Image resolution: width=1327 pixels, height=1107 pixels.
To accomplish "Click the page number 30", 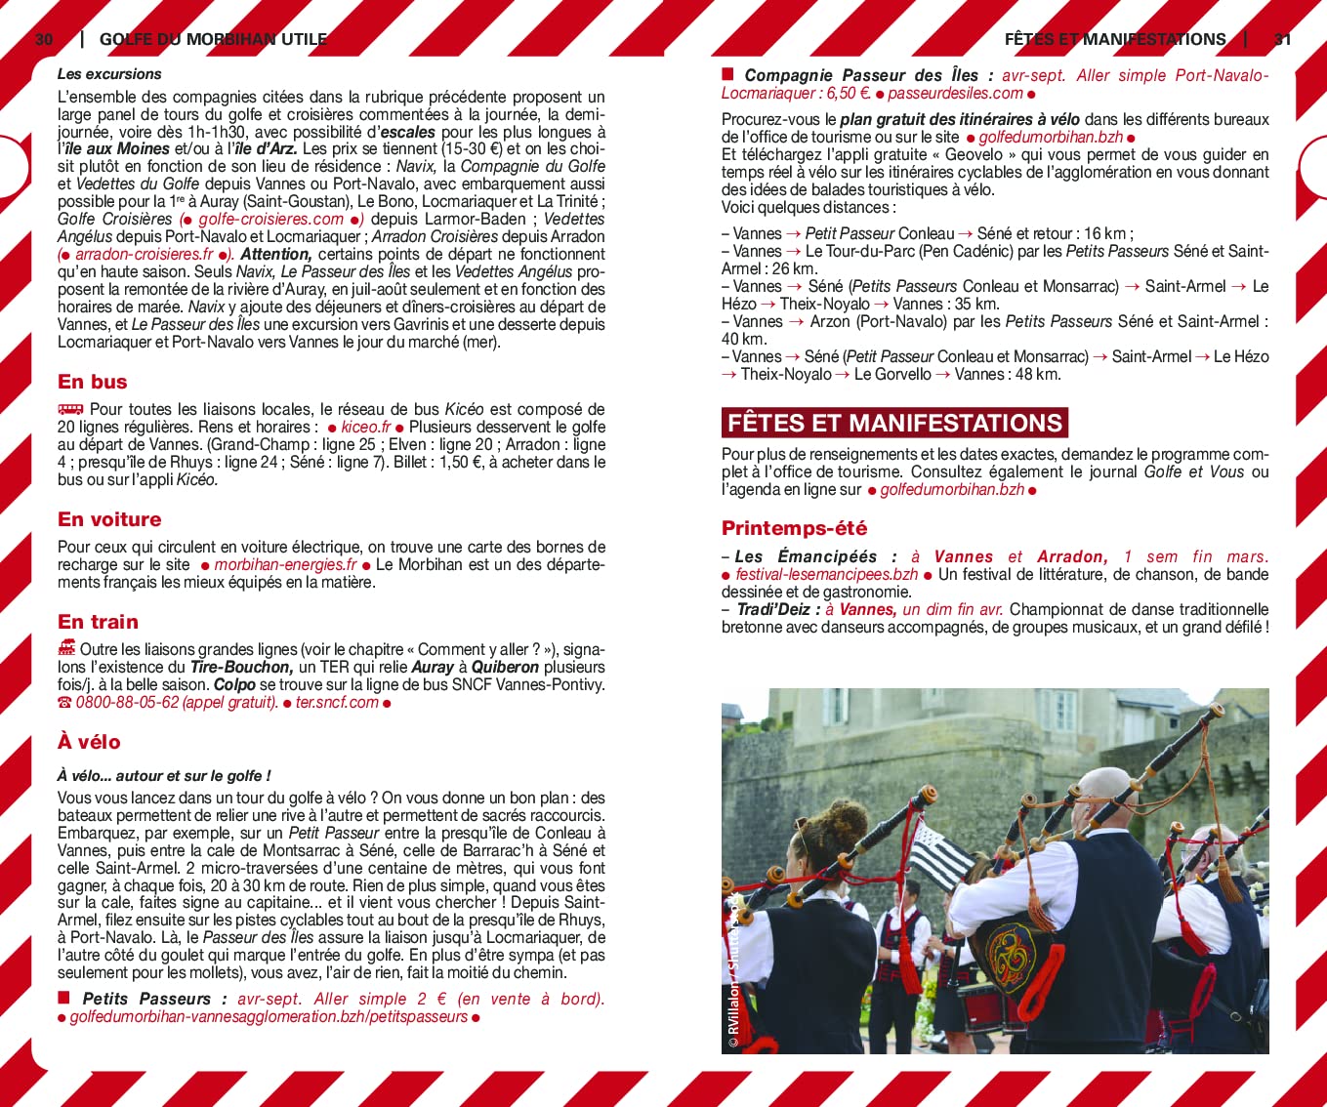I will [x=44, y=39].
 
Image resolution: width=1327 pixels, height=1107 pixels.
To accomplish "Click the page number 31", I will [x=1283, y=39].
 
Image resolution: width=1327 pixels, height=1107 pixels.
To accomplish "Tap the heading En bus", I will [x=93, y=382].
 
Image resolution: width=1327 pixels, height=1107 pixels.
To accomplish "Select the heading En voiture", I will [x=109, y=519].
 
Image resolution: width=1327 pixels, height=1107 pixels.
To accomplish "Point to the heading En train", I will [x=98, y=622].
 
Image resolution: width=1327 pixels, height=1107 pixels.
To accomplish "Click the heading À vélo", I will [x=89, y=742].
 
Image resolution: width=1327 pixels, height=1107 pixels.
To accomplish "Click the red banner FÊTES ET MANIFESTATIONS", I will [x=894, y=423].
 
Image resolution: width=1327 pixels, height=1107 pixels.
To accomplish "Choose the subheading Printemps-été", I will [x=794, y=528].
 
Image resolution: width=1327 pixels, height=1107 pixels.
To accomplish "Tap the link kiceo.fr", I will [x=365, y=428].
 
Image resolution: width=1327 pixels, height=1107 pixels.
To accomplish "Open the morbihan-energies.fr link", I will [x=285, y=565].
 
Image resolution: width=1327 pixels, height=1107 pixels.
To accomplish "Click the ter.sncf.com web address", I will [x=336, y=703].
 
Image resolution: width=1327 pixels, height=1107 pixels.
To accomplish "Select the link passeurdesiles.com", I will [x=955, y=94].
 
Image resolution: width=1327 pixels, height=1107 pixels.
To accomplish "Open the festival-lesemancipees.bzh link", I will [x=826, y=575].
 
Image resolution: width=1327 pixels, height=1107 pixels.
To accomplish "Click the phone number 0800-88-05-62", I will [x=128, y=703].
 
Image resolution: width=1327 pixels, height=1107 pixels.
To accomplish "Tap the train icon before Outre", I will [x=66, y=647].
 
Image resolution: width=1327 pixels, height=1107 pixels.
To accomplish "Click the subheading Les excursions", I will [x=109, y=74].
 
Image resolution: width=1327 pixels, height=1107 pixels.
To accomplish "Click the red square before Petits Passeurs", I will [x=64, y=998].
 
